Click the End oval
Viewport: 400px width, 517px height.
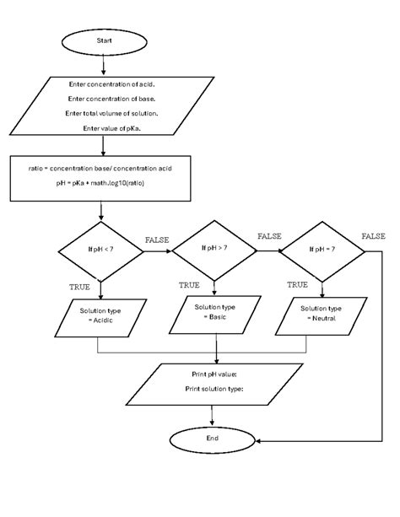[x=213, y=440]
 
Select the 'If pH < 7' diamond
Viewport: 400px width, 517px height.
[x=100, y=250]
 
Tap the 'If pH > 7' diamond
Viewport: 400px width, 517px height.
[x=216, y=249]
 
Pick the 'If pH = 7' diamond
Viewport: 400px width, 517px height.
[x=322, y=250]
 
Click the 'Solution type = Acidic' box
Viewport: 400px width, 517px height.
[x=100, y=316]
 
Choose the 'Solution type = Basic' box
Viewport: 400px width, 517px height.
[x=216, y=311]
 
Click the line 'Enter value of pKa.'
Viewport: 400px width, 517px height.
[x=112, y=128]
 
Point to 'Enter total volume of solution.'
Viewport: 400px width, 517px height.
[x=112, y=113]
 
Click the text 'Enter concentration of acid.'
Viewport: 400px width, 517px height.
[x=112, y=84]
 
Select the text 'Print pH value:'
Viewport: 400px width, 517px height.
[x=214, y=373]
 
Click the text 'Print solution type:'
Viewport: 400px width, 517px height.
[x=214, y=389]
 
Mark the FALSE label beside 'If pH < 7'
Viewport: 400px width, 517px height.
[x=158, y=240]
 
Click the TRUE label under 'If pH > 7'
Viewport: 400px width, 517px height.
[x=189, y=285]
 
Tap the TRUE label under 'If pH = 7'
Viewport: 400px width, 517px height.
[x=297, y=285]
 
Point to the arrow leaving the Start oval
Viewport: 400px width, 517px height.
[x=103, y=64]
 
